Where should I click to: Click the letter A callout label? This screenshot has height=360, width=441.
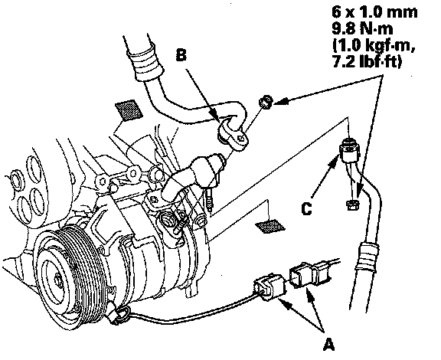pyautogui.click(x=328, y=344)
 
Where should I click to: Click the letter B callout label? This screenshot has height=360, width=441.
pyautogui.click(x=181, y=54)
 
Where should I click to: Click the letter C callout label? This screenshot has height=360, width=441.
pyautogui.click(x=306, y=209)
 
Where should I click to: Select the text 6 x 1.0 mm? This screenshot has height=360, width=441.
pyautogui.click(x=374, y=12)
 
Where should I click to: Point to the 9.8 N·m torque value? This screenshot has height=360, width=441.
pyautogui.click(x=362, y=28)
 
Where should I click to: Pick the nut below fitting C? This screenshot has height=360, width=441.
pyautogui.click(x=352, y=205)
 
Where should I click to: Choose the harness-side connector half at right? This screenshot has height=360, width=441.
pyautogui.click(x=309, y=274)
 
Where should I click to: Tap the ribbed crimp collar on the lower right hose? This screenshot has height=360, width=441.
pyautogui.click(x=367, y=257)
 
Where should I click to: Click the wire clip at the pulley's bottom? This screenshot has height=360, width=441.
pyautogui.click(x=119, y=315)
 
